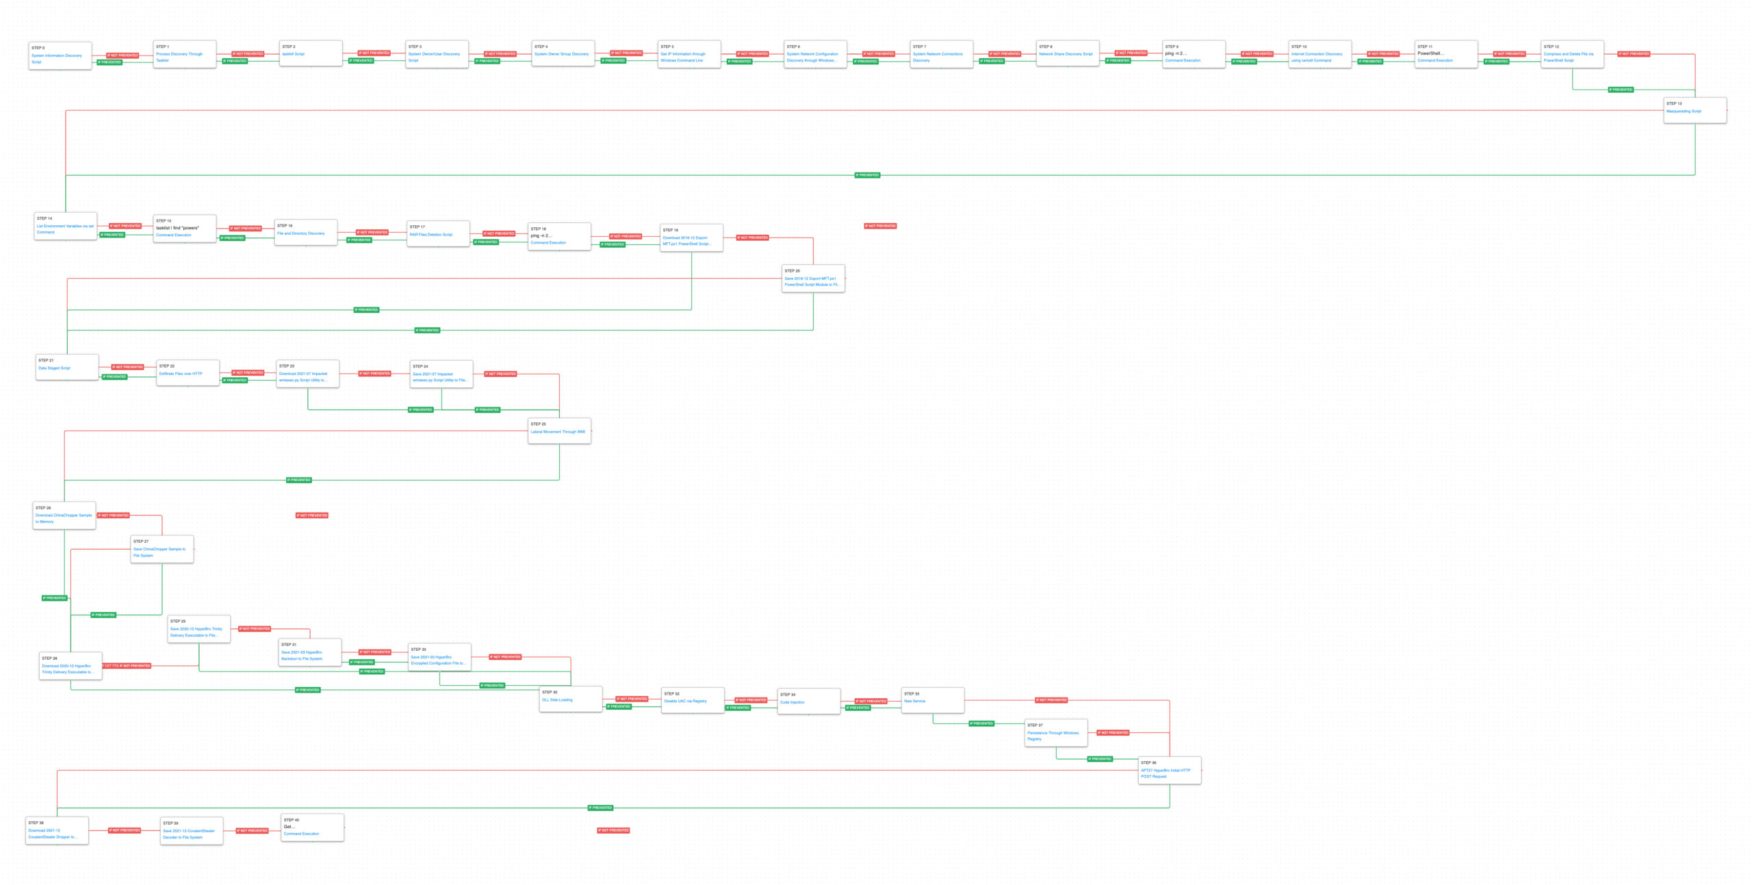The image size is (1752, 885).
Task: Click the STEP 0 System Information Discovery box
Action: point(60,55)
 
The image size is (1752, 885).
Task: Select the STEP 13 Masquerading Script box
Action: point(1695,110)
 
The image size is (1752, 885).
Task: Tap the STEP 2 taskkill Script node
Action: point(311,53)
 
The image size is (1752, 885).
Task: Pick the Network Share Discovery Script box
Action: point(1067,53)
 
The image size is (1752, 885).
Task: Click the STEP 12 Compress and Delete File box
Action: point(1572,54)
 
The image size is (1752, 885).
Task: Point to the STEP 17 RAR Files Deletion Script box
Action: point(437,234)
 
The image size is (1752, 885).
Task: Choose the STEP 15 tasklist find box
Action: point(184,229)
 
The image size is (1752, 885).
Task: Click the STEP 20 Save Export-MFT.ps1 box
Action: point(812,279)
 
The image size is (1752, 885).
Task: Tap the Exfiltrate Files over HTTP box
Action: point(188,373)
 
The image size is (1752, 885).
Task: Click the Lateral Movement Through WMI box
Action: point(558,431)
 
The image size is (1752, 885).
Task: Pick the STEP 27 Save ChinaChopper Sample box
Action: point(162,549)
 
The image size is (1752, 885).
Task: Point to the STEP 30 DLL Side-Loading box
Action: point(570,700)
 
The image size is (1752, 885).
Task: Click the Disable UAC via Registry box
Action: point(692,701)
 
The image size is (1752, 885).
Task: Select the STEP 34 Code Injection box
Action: point(808,702)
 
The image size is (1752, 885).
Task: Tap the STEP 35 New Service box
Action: point(932,700)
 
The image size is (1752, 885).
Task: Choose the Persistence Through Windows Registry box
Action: point(1055,732)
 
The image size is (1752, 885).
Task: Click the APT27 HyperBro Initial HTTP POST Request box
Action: point(1169,770)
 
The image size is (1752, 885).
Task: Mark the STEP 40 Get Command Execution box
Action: point(311,828)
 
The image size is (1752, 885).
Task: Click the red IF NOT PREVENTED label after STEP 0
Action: point(123,55)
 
